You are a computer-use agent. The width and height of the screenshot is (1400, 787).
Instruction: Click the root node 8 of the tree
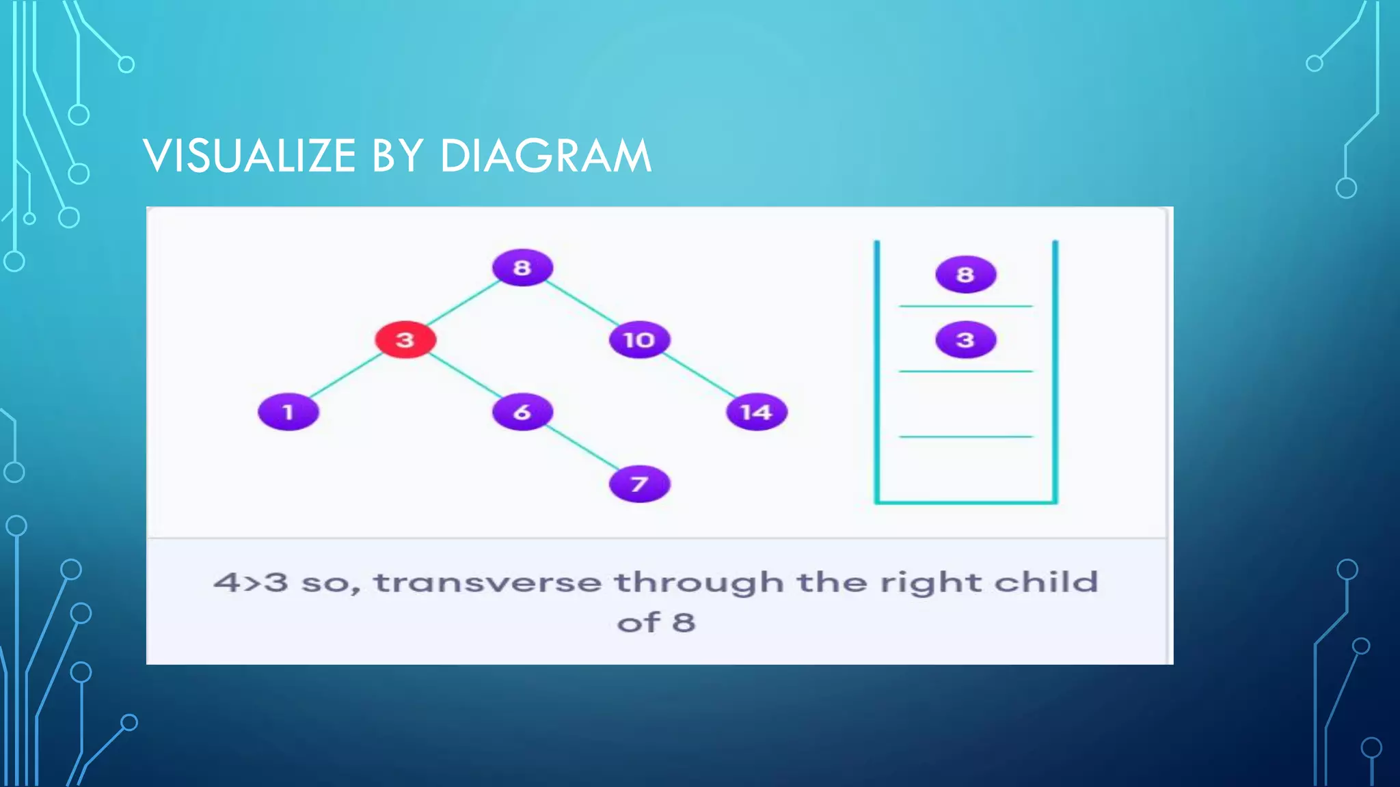click(x=522, y=267)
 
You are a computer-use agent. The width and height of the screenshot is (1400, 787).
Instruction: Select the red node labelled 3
click(x=405, y=340)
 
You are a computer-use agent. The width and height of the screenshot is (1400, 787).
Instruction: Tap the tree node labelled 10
click(x=639, y=340)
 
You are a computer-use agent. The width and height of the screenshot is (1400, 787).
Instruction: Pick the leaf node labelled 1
click(x=288, y=412)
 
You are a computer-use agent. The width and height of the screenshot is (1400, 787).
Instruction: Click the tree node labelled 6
click(x=522, y=412)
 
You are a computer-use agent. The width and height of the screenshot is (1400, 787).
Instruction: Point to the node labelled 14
click(x=756, y=412)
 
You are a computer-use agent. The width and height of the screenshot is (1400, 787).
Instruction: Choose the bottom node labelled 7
click(x=639, y=484)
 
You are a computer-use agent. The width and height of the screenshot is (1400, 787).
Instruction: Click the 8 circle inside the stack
click(x=965, y=274)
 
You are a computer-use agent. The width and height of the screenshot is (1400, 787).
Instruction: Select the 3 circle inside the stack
click(x=965, y=340)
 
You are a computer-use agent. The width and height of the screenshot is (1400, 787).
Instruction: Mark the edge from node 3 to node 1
click(x=346, y=376)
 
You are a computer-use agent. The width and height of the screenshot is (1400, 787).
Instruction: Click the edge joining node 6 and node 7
click(x=581, y=448)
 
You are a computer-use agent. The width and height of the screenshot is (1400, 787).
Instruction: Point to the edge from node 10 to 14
click(x=699, y=376)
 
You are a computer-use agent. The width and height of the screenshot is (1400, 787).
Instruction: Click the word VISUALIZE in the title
click(x=250, y=156)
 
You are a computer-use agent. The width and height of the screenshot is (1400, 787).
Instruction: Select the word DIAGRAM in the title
click(x=546, y=156)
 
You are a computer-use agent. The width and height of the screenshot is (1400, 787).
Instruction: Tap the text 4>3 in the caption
click(x=250, y=583)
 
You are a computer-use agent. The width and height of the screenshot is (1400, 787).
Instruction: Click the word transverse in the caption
click(x=487, y=583)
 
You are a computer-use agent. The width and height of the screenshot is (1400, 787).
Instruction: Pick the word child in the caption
click(x=1046, y=581)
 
